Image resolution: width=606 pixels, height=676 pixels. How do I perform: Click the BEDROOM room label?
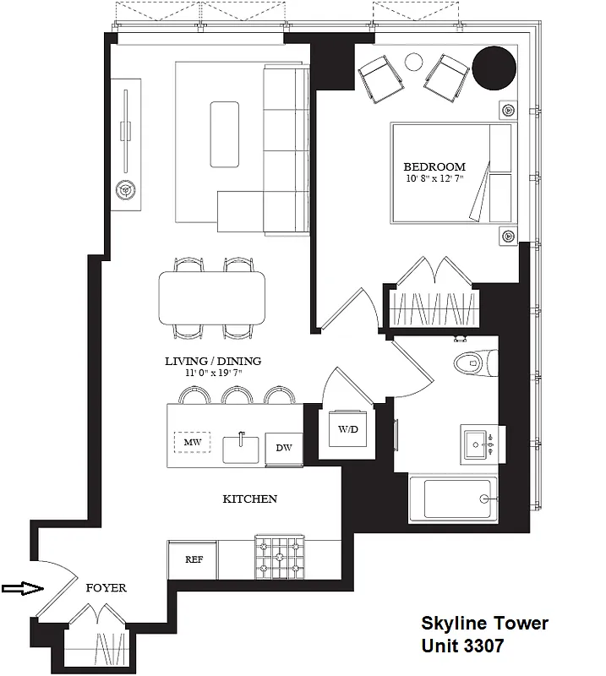[x=434, y=166]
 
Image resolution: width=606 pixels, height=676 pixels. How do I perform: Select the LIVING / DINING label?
[x=213, y=361]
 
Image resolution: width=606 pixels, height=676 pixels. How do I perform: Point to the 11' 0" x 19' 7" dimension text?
[x=213, y=373]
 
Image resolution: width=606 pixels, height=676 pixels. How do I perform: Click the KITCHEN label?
[x=249, y=499]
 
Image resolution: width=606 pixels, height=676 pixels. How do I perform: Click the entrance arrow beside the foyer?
[x=21, y=588]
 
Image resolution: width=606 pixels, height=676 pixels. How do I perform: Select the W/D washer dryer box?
[x=347, y=429]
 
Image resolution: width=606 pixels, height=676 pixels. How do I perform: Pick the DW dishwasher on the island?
[x=283, y=447]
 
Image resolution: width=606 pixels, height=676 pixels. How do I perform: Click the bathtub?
[x=456, y=499]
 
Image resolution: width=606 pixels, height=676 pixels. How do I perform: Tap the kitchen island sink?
[x=242, y=446]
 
